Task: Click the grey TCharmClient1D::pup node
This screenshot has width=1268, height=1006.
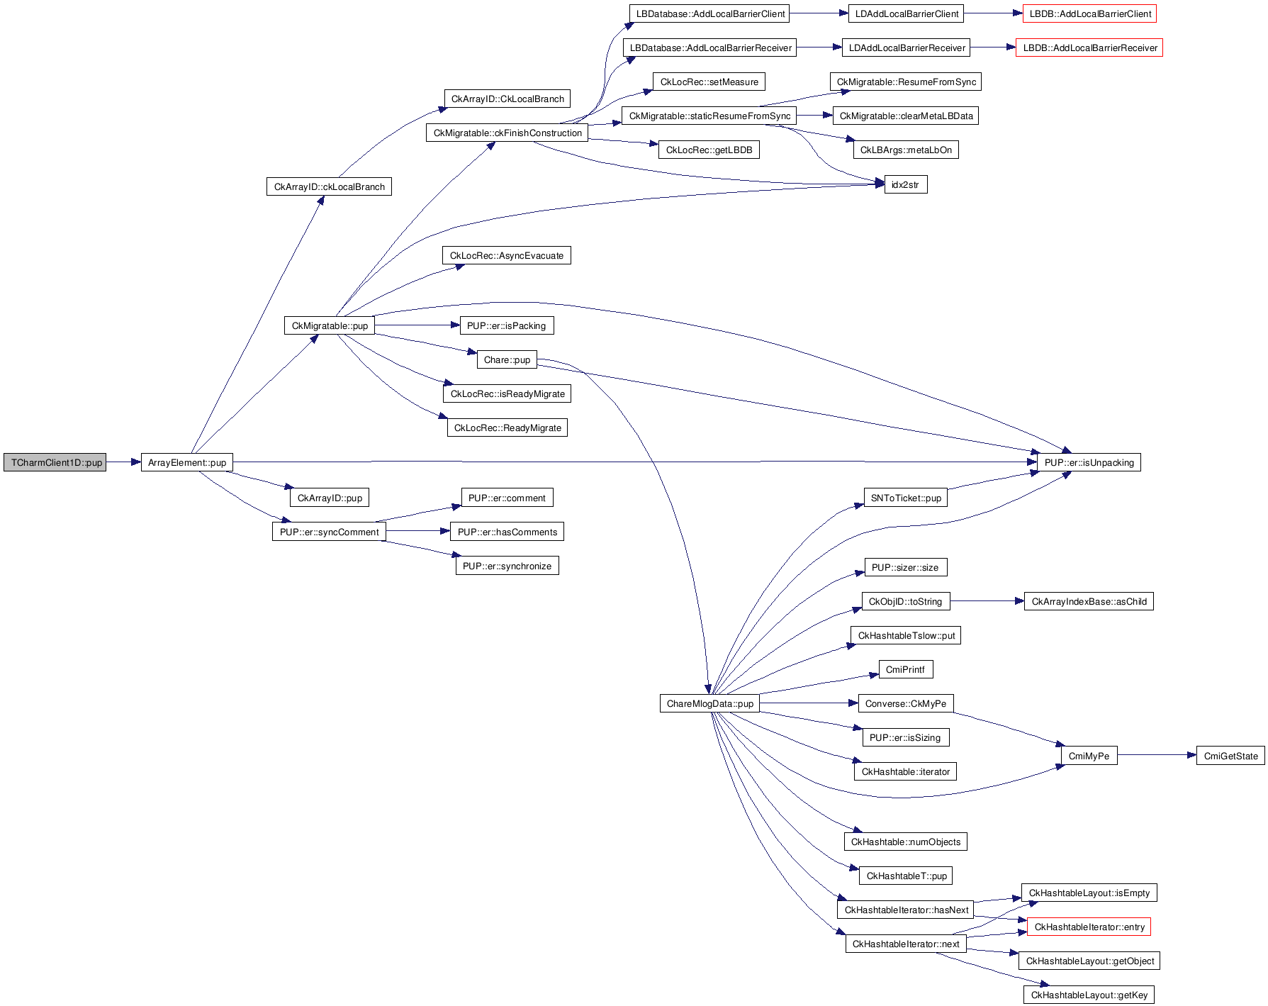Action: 55,463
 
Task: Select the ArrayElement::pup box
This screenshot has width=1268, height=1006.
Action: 187,463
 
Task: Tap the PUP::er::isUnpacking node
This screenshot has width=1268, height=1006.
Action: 1089,463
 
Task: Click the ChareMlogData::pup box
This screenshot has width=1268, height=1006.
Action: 709,704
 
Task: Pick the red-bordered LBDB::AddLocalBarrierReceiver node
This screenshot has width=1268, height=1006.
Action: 1089,48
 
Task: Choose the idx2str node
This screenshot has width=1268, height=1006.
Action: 905,185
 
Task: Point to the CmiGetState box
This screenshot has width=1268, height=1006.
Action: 1230,756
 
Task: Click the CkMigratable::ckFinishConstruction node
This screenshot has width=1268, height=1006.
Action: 507,133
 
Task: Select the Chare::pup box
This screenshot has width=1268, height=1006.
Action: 507,360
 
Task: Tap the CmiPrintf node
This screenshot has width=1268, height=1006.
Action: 905,670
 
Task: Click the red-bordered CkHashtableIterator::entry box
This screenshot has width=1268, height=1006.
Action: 1089,927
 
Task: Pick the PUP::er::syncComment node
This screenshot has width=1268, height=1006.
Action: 329,532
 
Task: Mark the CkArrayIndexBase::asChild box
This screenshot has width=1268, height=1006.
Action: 1089,602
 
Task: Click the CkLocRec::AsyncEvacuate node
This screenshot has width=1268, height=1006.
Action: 507,256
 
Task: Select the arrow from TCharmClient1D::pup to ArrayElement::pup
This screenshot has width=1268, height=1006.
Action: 123,463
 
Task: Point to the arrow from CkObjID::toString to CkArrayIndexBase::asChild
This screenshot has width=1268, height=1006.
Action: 987,602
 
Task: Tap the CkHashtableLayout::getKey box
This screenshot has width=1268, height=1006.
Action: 1089,995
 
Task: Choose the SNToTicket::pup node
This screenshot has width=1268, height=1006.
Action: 906,498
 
